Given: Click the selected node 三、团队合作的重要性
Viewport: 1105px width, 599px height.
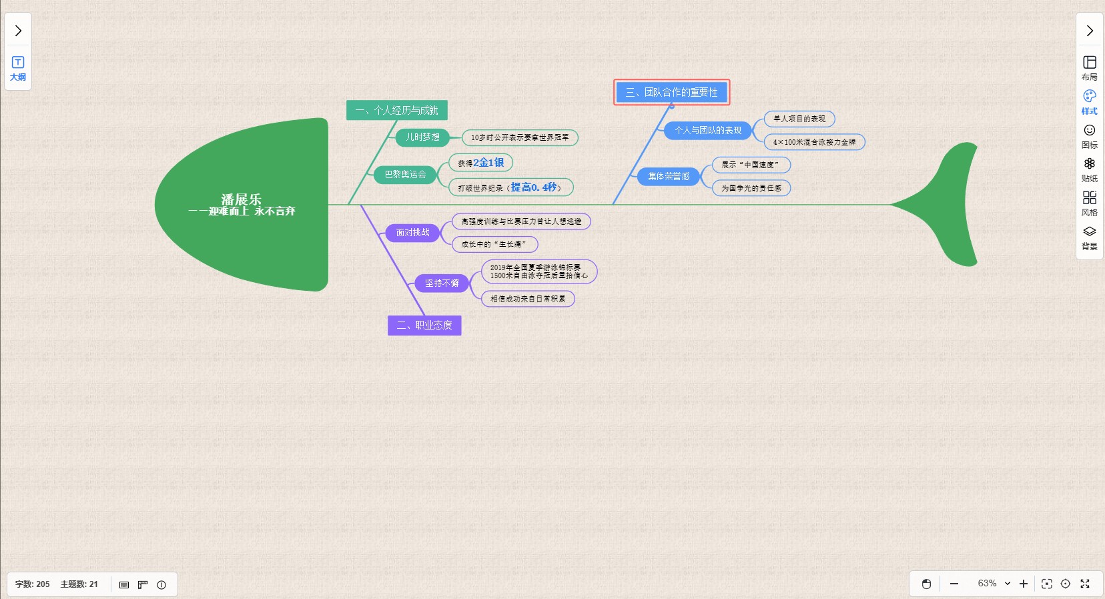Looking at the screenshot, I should pos(671,92).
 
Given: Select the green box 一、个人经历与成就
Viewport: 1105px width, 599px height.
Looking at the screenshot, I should pos(396,110).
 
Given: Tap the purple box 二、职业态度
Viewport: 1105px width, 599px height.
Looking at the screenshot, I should pos(424,325).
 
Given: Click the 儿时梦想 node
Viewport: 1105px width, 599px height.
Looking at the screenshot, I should pos(423,137).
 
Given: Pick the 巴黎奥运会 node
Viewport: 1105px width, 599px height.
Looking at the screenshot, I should pos(405,175).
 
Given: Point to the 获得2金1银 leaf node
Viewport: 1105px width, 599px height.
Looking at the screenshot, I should pos(480,163).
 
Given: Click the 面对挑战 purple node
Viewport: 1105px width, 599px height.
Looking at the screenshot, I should pos(412,233).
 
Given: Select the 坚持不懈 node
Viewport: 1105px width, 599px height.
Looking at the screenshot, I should pos(442,283).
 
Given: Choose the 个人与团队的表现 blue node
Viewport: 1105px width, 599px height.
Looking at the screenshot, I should pos(707,130).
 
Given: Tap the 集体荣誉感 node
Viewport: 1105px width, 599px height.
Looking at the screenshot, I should pos(669,177).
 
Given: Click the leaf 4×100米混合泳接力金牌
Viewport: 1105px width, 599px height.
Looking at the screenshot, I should pos(814,142).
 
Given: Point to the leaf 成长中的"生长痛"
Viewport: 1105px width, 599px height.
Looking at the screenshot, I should pos(494,244).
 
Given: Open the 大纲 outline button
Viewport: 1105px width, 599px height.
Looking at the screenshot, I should pos(18,69).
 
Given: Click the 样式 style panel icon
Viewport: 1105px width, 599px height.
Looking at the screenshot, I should pos(1089,102).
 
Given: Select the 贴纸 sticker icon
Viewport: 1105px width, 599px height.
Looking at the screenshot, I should pos(1089,169).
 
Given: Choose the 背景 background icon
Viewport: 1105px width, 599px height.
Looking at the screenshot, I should pos(1089,237).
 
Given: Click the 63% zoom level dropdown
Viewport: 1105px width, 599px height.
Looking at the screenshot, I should pos(994,584).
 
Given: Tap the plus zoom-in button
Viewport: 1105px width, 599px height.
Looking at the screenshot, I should pos(1024,584).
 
